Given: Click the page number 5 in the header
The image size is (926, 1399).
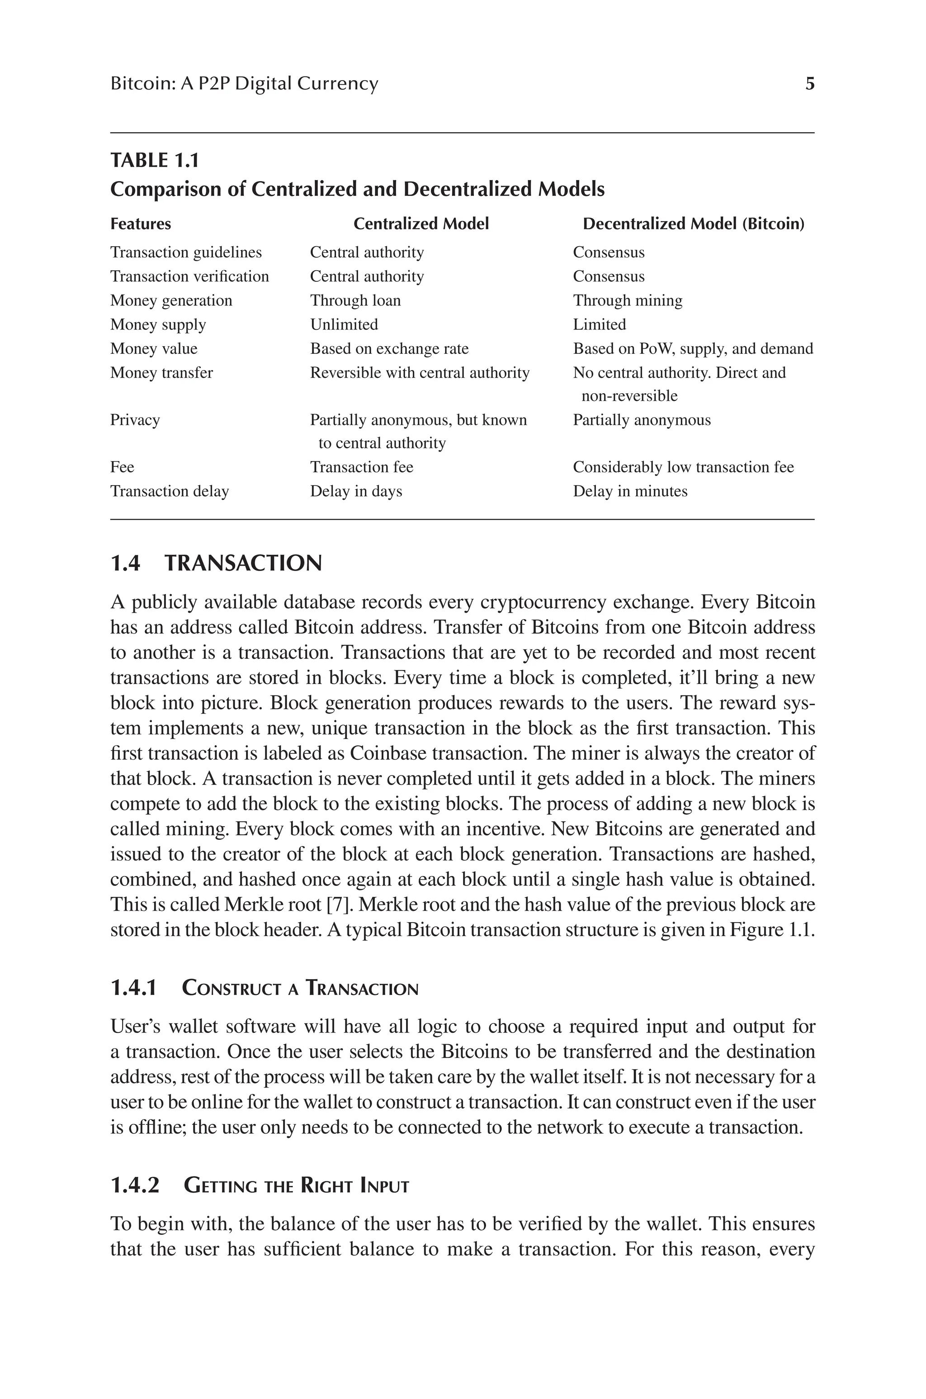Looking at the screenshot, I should click(x=810, y=84).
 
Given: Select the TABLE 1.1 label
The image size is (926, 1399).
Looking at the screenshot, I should click(x=155, y=160).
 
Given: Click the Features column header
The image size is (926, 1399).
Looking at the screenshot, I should click(x=141, y=224).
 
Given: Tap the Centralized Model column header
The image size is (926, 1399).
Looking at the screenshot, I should click(x=421, y=224).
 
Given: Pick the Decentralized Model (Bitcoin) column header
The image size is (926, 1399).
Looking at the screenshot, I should click(x=693, y=224).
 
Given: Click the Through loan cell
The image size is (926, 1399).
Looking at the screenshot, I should click(x=355, y=301).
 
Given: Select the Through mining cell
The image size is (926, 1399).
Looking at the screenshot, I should click(x=627, y=301).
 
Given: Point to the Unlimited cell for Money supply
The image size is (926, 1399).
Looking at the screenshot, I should click(x=344, y=325).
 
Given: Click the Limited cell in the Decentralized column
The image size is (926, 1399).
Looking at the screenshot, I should click(x=600, y=325).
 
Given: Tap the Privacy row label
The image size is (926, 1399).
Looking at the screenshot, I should click(x=135, y=420).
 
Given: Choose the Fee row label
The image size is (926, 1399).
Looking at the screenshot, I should click(x=122, y=467).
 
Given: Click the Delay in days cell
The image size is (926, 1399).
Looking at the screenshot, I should click(x=356, y=491).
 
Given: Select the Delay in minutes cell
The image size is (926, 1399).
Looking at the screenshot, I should click(x=630, y=491).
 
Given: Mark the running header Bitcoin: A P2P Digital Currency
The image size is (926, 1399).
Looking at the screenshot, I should click(x=244, y=84).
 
